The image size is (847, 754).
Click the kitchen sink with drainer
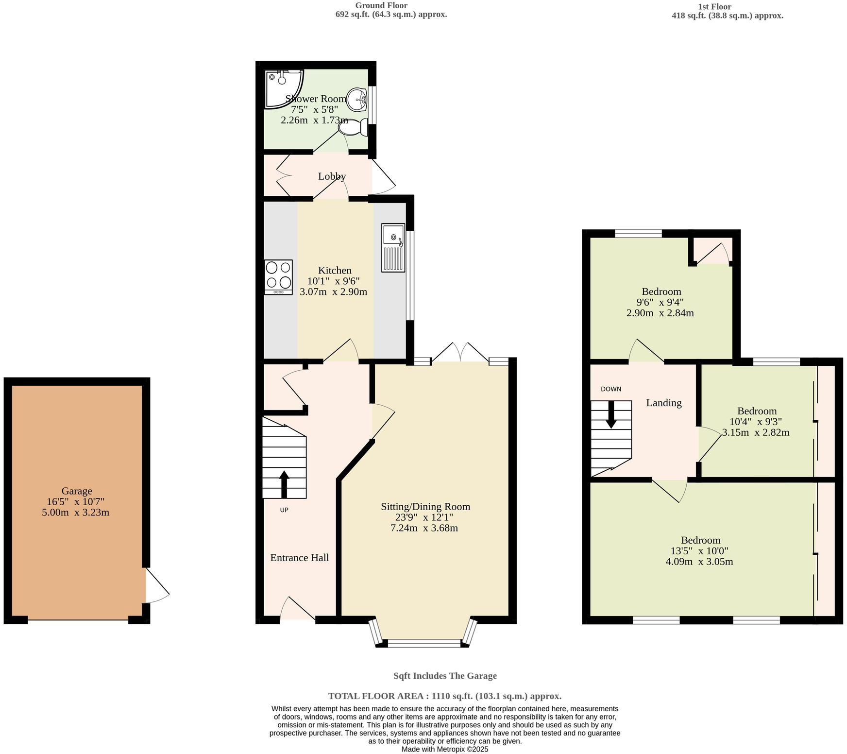click(x=393, y=247)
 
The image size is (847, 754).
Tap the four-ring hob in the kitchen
click(x=278, y=277)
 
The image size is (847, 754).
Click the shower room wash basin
click(x=357, y=100)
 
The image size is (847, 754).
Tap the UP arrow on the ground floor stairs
click(x=284, y=484)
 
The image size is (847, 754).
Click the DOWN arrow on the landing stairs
click(x=611, y=414)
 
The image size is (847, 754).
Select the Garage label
click(x=77, y=491)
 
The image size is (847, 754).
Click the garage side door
click(x=156, y=586)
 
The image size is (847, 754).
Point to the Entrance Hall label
click(x=299, y=558)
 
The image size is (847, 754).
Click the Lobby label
click(x=332, y=176)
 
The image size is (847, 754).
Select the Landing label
click(x=663, y=403)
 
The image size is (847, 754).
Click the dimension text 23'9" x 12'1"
click(x=425, y=517)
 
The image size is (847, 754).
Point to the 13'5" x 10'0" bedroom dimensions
click(x=699, y=551)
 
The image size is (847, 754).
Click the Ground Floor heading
click(x=381, y=5)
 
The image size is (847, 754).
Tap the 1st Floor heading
click(x=714, y=6)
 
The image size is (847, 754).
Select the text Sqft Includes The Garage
click(x=445, y=676)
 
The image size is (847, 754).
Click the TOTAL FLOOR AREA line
click(x=445, y=696)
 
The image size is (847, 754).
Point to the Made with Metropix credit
click(x=445, y=749)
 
